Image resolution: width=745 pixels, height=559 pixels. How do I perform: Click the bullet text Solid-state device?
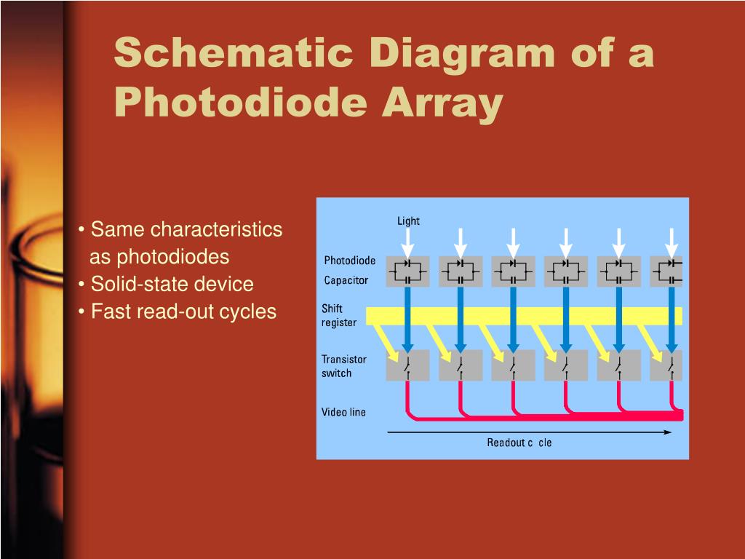click(x=172, y=284)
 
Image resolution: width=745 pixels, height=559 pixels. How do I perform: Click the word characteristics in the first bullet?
click(x=216, y=229)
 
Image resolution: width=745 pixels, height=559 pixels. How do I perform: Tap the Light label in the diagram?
click(x=408, y=221)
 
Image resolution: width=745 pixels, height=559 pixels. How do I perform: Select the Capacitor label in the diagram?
click(x=346, y=280)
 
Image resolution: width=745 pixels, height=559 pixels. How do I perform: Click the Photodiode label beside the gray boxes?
click(x=350, y=261)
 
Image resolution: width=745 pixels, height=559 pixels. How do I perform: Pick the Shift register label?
click(x=339, y=316)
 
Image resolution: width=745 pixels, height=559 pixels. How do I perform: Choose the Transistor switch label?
click(x=344, y=366)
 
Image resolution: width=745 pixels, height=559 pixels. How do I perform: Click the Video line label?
click(x=344, y=412)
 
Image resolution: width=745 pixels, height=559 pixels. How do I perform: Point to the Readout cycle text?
click(x=519, y=443)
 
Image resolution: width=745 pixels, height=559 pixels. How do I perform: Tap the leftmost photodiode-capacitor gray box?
click(x=408, y=271)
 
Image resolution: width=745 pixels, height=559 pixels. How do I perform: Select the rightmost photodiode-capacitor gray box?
click(x=666, y=271)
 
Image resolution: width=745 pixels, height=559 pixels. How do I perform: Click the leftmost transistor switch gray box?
click(x=408, y=365)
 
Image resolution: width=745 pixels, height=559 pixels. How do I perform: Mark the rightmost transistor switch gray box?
click(x=666, y=365)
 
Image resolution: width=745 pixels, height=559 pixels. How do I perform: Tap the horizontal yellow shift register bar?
click(x=524, y=316)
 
